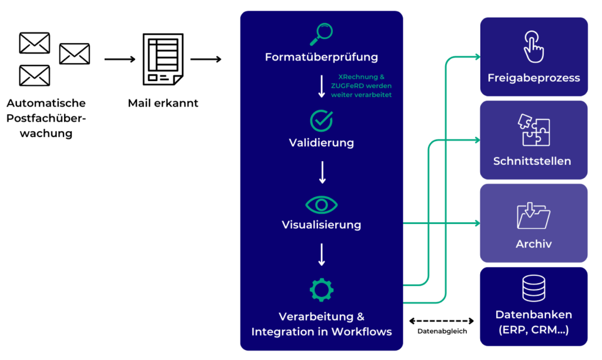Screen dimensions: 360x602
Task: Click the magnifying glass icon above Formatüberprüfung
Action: click(x=321, y=34)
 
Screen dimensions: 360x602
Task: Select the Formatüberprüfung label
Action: click(x=321, y=58)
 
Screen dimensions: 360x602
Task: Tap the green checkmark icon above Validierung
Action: click(x=321, y=120)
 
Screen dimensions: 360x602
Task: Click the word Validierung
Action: click(x=321, y=142)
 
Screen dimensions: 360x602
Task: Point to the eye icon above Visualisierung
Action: click(x=321, y=205)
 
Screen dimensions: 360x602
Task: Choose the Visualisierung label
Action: click(x=321, y=225)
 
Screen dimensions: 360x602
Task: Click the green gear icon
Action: click(x=321, y=289)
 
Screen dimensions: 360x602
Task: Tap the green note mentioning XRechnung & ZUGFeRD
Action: click(x=362, y=86)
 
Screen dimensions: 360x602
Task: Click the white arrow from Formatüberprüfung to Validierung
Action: click(x=322, y=86)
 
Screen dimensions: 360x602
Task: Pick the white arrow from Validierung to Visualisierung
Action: click(x=322, y=172)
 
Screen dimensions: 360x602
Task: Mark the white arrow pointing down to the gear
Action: click(x=322, y=255)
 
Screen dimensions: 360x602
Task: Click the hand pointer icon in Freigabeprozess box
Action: click(x=533, y=47)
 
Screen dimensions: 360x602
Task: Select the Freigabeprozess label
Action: click(x=533, y=78)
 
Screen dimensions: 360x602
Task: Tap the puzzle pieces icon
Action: click(x=533, y=130)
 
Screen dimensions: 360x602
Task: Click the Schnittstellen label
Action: click(x=532, y=161)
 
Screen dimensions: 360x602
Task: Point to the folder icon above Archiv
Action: click(x=533, y=215)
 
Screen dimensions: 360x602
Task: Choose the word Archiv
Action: click(x=533, y=244)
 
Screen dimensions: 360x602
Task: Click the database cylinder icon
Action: click(x=533, y=289)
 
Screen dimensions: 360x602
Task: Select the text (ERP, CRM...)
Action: click(x=533, y=330)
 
